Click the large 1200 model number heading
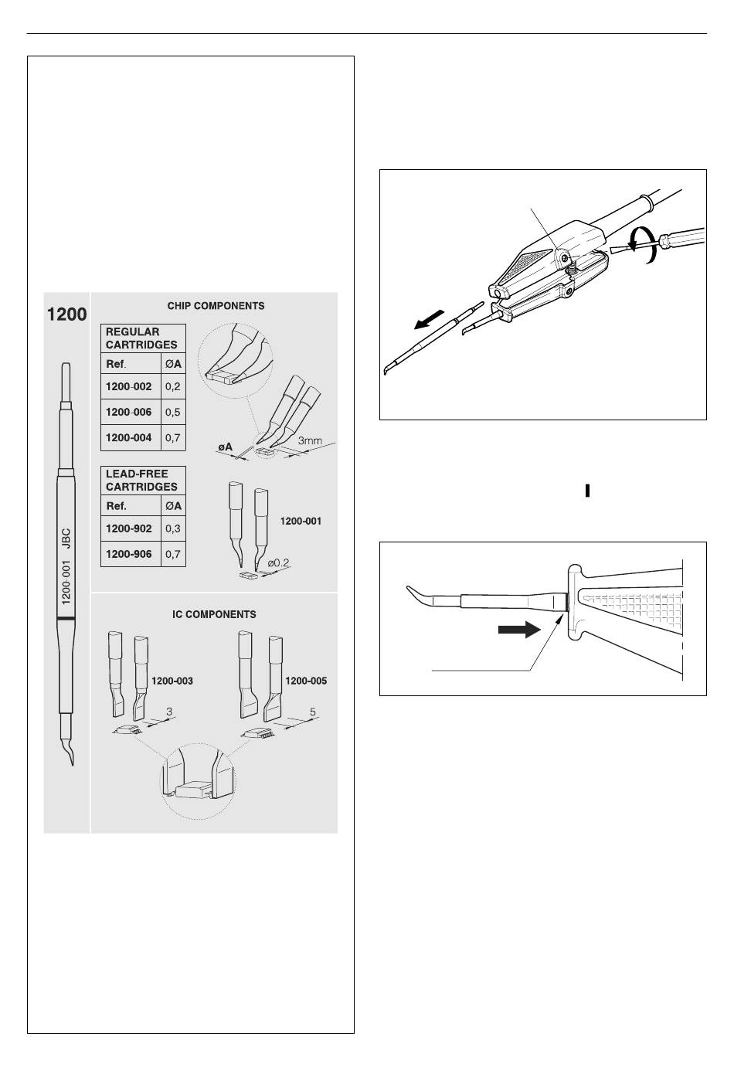68,314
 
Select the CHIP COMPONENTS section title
216,306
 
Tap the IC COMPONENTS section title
214,615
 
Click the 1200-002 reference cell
129,386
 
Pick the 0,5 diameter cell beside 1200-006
173,412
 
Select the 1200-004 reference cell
129,437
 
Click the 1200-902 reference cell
129,529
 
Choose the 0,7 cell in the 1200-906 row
173,554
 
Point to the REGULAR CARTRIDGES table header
141,338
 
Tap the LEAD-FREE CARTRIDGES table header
141,480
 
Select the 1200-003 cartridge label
172,681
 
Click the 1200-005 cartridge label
307,681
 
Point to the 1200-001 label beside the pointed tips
301,522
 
